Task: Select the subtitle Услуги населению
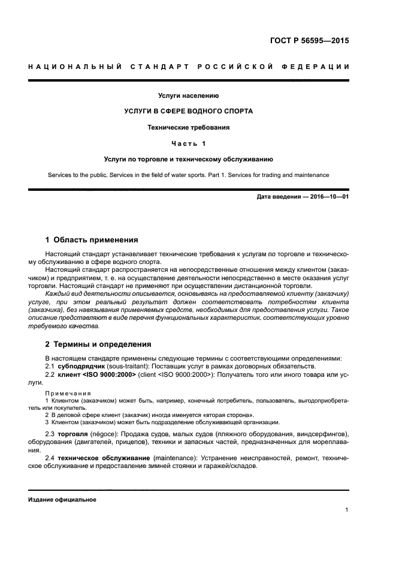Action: coord(188,95)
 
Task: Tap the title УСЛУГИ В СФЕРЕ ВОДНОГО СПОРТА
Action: coord(188,111)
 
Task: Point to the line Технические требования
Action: coord(188,127)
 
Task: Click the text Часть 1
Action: coord(188,143)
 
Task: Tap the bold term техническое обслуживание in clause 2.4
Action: coord(104,457)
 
